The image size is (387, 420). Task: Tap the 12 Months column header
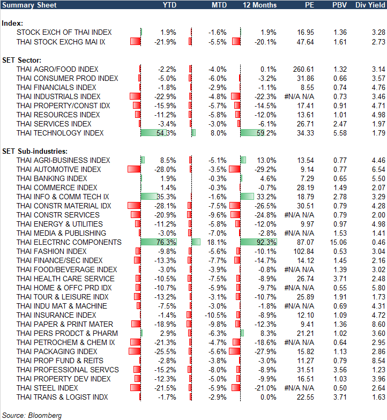[x=260, y=5]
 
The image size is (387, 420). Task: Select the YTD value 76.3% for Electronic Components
[x=166, y=242]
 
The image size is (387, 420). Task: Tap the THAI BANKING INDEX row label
[x=51, y=178]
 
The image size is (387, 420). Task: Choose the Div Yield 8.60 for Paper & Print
[x=377, y=324]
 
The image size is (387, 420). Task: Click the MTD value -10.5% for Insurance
[x=215, y=315]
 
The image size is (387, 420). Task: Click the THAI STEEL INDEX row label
[x=47, y=388]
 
